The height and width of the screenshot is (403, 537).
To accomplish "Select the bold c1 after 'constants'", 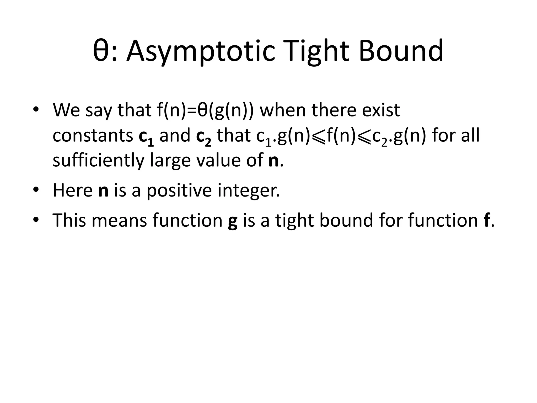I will pyautogui.click(x=146, y=137).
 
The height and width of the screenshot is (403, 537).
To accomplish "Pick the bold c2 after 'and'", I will pyautogui.click(x=204, y=137).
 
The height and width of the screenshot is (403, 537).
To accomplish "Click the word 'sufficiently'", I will pyautogui.click(x=98, y=161).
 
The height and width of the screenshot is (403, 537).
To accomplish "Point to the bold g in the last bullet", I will pyautogui.click(x=233, y=221).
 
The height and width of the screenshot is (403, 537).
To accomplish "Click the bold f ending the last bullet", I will pyautogui.click(x=485, y=220).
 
